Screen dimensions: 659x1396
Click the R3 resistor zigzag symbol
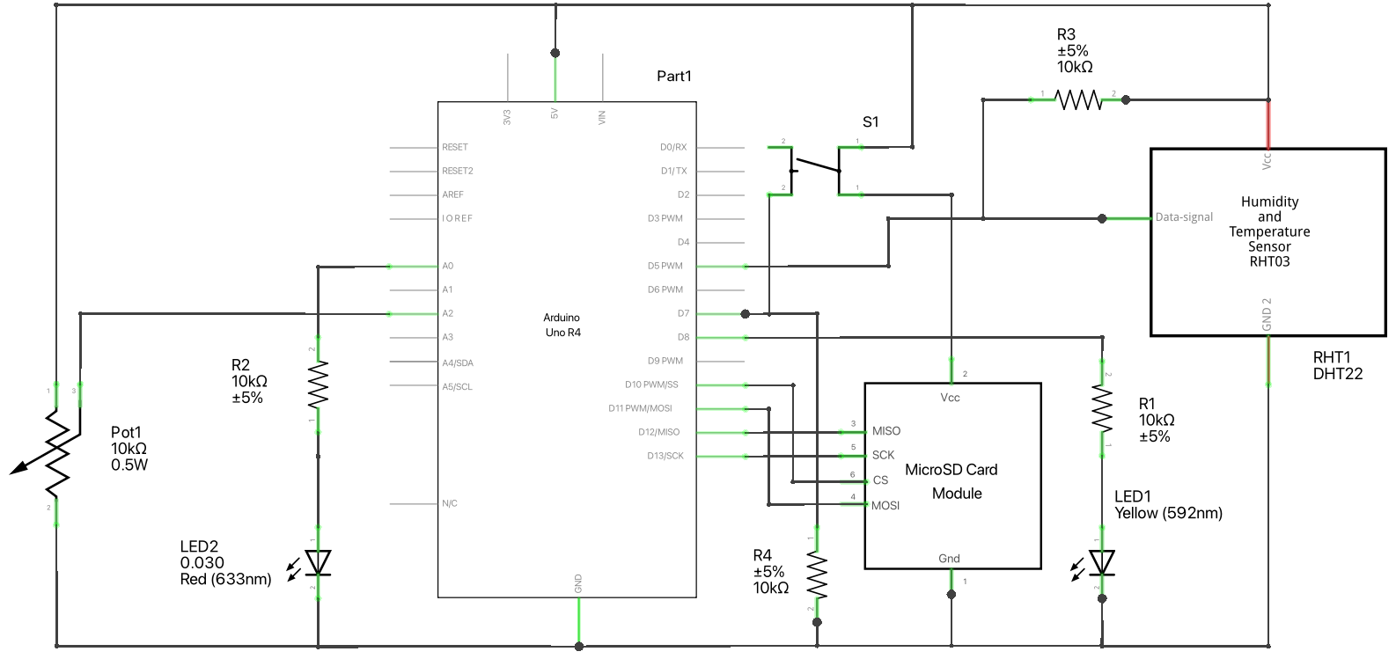1078,100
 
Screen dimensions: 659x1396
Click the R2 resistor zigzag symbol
318,385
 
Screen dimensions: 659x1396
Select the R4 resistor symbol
817,573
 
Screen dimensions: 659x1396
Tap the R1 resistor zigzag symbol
1102,408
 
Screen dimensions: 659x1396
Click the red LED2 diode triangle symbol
318,562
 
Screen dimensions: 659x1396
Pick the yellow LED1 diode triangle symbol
1102,562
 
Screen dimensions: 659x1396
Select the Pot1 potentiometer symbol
56,453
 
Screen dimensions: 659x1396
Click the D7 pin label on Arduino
683,313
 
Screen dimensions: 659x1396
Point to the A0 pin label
447,266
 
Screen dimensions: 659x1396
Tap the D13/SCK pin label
665,456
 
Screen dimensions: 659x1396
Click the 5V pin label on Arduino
555,114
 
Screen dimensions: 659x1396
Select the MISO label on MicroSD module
885,431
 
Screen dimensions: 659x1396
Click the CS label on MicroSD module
880,480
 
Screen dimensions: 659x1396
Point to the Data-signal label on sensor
1184,217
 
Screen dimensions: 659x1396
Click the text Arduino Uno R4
562,325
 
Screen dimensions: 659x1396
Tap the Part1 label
674,77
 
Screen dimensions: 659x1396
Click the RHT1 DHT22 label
1337,365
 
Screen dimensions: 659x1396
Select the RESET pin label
455,147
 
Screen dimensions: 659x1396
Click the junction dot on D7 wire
746,313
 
